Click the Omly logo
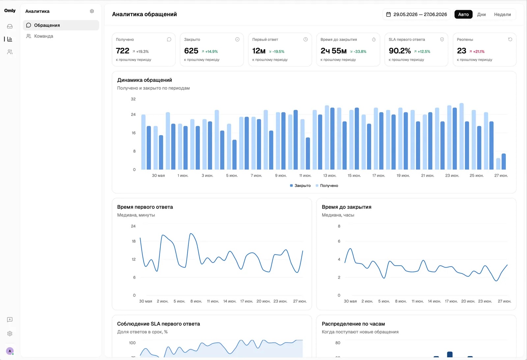(10, 11)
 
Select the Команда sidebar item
(40, 36)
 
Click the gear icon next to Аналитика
(92, 11)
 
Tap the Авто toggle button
(463, 15)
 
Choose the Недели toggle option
(502, 15)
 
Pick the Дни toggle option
(481, 15)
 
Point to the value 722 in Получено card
(123, 51)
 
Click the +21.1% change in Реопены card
(479, 51)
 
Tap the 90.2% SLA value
(400, 51)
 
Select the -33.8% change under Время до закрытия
(360, 51)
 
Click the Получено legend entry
(327, 186)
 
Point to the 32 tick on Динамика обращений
(133, 99)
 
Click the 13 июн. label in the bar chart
(330, 175)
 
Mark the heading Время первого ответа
(145, 207)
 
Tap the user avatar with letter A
(10, 351)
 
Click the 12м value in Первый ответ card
(259, 51)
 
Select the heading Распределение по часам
(353, 324)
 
